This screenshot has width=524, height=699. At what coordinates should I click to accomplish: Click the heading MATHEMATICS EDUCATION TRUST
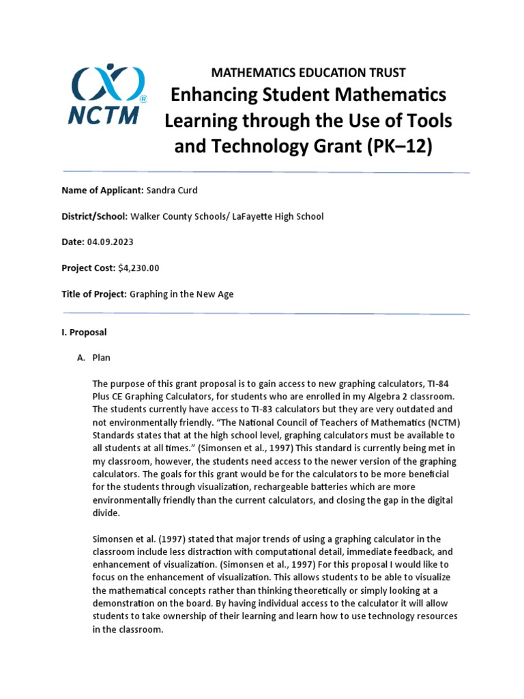tap(308, 72)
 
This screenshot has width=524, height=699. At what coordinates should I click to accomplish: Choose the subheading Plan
tap(101, 358)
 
